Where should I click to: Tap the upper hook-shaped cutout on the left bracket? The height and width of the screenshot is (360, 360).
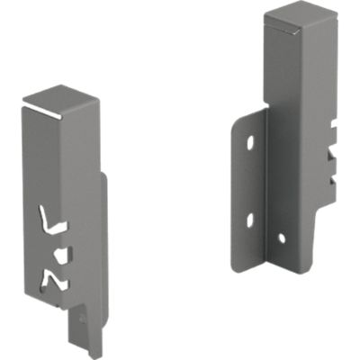tap(52, 219)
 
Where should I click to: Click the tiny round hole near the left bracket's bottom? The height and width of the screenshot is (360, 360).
tap(82, 316)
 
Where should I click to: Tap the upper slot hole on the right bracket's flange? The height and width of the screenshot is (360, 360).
tap(249, 144)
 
